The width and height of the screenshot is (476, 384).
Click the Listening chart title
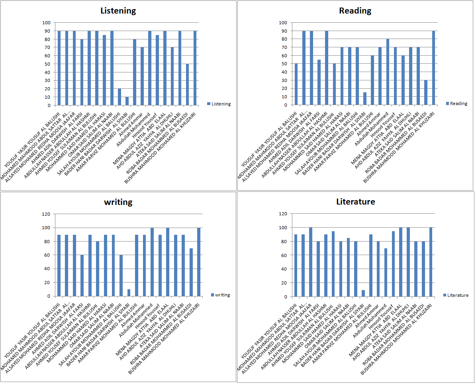click(x=118, y=11)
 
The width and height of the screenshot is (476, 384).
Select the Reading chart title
click(x=355, y=11)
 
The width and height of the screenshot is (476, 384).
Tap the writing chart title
click(x=118, y=202)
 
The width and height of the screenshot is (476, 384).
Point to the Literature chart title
click(x=355, y=202)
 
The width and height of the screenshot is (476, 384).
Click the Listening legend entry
click(x=219, y=104)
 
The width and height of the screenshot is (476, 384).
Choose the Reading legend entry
click(x=456, y=103)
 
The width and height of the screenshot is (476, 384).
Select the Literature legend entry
click(x=456, y=295)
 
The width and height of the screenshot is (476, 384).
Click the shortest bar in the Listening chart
click(x=127, y=101)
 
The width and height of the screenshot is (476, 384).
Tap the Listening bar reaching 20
click(x=119, y=97)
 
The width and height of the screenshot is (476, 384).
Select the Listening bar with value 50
click(x=188, y=85)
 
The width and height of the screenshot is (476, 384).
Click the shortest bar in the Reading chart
click(x=364, y=99)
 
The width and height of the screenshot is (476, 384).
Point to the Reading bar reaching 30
click(x=425, y=93)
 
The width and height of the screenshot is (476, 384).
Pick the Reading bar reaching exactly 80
click(x=388, y=72)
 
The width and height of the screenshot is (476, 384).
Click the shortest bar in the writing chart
click(x=129, y=293)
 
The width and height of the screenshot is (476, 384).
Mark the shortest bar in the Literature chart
click(x=363, y=293)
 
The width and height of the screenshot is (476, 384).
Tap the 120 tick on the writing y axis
click(x=46, y=214)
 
